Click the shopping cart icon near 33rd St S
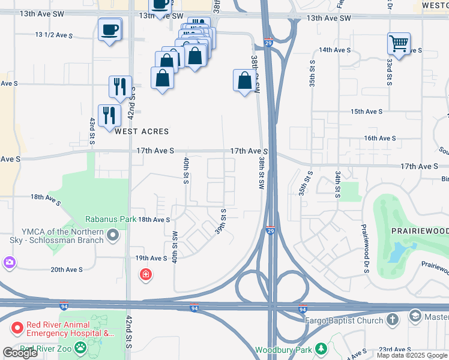[x=398, y=43]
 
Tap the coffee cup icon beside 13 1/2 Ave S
[x=110, y=29]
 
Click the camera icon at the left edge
[x=8, y=262]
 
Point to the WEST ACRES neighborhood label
[x=142, y=131]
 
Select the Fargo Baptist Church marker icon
[x=393, y=320]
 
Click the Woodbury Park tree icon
[x=321, y=349]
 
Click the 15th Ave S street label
[x=366, y=112]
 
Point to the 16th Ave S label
[x=379, y=138]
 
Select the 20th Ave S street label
[x=67, y=269]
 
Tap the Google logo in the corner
[x=19, y=353]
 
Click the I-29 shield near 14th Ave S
[x=268, y=43]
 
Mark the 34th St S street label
[x=339, y=182]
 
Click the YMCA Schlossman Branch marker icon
[x=112, y=239]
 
